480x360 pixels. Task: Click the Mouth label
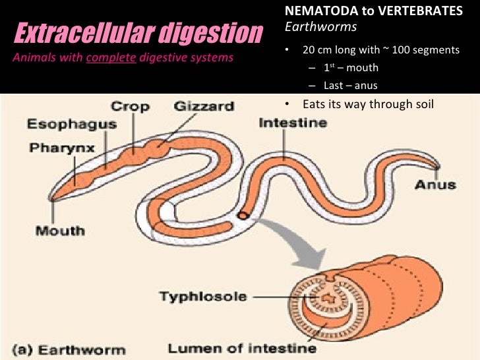click(60, 231)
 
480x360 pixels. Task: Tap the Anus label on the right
click(435, 184)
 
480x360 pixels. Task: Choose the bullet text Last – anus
click(350, 86)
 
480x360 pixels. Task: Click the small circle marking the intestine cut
click(243, 215)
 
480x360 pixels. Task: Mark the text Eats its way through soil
click(368, 104)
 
